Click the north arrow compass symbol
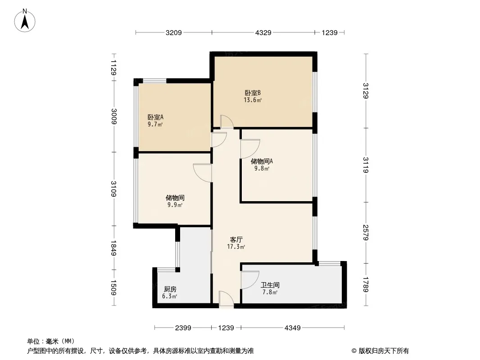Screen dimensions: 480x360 (25, 21)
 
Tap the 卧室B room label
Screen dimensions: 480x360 (253, 93)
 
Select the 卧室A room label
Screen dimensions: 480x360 (155, 117)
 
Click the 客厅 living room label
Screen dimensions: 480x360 (236, 239)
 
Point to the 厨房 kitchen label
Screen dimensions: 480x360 (170, 289)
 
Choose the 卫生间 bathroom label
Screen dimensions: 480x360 (270, 285)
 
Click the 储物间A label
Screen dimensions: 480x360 (262, 161)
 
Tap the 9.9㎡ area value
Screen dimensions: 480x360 (175, 205)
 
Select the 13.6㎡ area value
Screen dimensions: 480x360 (253, 100)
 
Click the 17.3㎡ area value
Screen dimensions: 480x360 (236, 247)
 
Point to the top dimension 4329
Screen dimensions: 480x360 (263, 32)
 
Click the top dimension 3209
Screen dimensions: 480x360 (173, 32)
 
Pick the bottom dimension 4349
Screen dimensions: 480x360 (293, 328)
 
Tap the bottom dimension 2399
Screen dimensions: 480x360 (183, 328)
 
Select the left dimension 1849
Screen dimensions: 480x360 (113, 248)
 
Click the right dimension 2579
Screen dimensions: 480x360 (366, 233)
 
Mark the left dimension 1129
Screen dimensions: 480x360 (113, 67)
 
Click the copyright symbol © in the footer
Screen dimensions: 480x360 (354, 351)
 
